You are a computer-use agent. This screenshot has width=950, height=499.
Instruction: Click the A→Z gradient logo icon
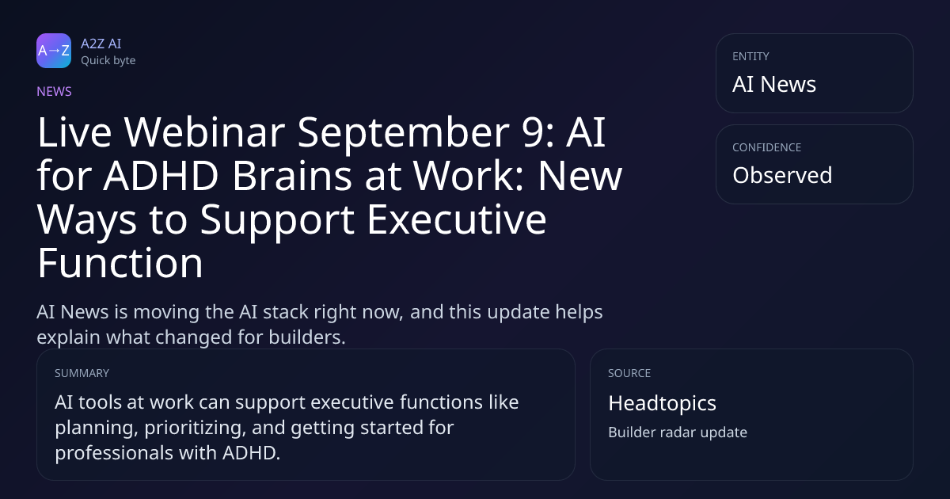click(x=54, y=51)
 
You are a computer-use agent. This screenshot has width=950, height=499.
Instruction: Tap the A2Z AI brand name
click(x=101, y=44)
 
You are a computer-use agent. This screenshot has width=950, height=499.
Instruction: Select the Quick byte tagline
click(x=108, y=61)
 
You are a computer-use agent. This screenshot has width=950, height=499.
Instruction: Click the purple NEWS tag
click(x=54, y=91)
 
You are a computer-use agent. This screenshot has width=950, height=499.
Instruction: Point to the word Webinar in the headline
click(x=204, y=132)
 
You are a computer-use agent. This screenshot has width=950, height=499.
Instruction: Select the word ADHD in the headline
click(x=161, y=176)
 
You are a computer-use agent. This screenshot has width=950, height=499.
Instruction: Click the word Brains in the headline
click(x=292, y=176)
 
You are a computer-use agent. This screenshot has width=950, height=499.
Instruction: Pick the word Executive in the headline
click(x=456, y=219)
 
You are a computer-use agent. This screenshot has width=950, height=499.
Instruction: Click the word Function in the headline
click(x=120, y=263)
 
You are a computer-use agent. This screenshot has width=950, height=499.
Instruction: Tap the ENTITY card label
click(x=750, y=56)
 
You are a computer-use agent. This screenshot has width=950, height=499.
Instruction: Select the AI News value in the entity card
click(x=774, y=84)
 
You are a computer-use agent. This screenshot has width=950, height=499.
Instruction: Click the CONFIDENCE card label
click(x=767, y=147)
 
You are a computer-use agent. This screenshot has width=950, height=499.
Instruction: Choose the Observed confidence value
click(x=782, y=175)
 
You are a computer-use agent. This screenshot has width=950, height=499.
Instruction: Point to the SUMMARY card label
click(x=82, y=373)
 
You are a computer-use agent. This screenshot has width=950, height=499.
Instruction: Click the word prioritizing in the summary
click(x=195, y=428)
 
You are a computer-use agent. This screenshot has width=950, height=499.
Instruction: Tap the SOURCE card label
click(x=629, y=373)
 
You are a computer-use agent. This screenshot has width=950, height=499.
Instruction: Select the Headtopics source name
click(x=662, y=403)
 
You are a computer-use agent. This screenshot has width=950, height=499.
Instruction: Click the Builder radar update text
click(x=678, y=432)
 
